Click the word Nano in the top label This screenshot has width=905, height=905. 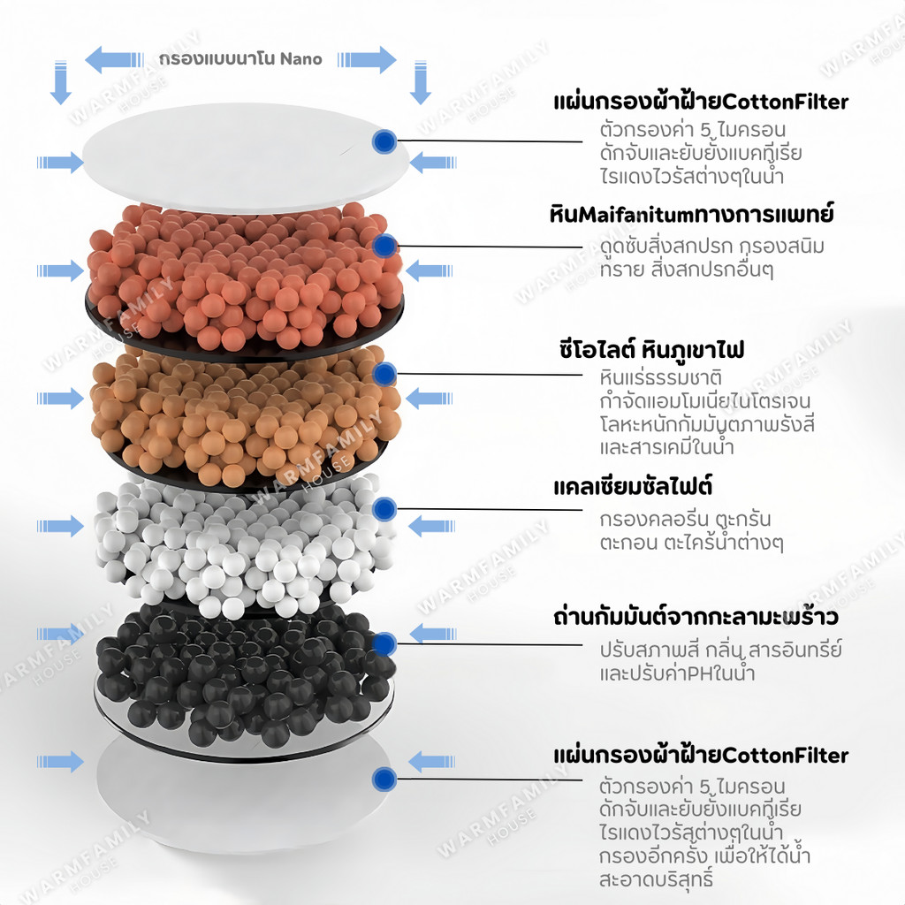click(x=300, y=59)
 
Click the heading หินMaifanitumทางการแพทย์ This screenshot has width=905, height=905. click(x=691, y=215)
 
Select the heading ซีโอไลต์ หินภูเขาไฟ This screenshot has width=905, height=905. click(x=651, y=350)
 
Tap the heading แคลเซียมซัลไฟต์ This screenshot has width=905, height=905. click(x=633, y=487)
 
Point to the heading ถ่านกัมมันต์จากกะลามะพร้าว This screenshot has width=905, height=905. click(x=696, y=616)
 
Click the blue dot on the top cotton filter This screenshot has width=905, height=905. click(x=384, y=141)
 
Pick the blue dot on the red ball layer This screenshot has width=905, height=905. click(x=384, y=246)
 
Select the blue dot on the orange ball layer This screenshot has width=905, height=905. click(x=384, y=374)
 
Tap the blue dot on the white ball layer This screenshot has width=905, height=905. click(x=384, y=509)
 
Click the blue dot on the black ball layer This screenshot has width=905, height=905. click(x=384, y=643)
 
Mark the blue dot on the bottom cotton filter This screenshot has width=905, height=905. click(x=384, y=780)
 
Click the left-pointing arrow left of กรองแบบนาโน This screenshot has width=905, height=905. click(x=114, y=59)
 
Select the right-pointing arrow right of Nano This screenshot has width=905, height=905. click(x=367, y=59)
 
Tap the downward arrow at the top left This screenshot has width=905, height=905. click(x=61, y=82)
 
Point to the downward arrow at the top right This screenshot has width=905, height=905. click(x=420, y=82)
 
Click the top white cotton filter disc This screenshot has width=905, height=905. click(x=246, y=158)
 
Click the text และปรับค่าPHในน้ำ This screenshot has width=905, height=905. click(x=677, y=673)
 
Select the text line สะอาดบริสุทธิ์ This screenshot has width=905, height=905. click(x=657, y=879)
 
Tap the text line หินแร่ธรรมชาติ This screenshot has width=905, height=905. click(x=660, y=378)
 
